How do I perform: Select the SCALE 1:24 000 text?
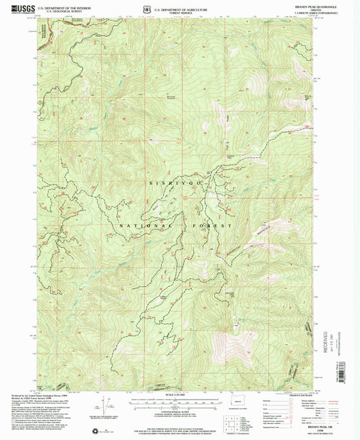pyautogui.click(x=178, y=395)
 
